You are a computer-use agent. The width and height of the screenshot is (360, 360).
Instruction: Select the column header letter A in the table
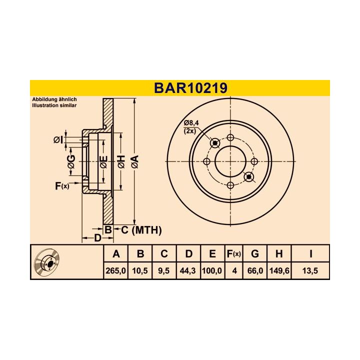point(116,254)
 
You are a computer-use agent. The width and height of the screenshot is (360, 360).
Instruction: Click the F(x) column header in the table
point(233,254)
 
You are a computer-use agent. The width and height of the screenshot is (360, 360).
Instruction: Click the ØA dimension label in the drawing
point(133,161)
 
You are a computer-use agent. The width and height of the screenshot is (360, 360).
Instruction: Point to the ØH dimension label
point(120,161)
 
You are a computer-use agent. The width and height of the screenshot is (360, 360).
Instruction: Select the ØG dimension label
point(71,161)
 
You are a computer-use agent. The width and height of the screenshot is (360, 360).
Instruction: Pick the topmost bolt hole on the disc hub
point(230,137)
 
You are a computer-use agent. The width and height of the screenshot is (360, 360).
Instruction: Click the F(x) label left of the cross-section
point(61,186)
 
